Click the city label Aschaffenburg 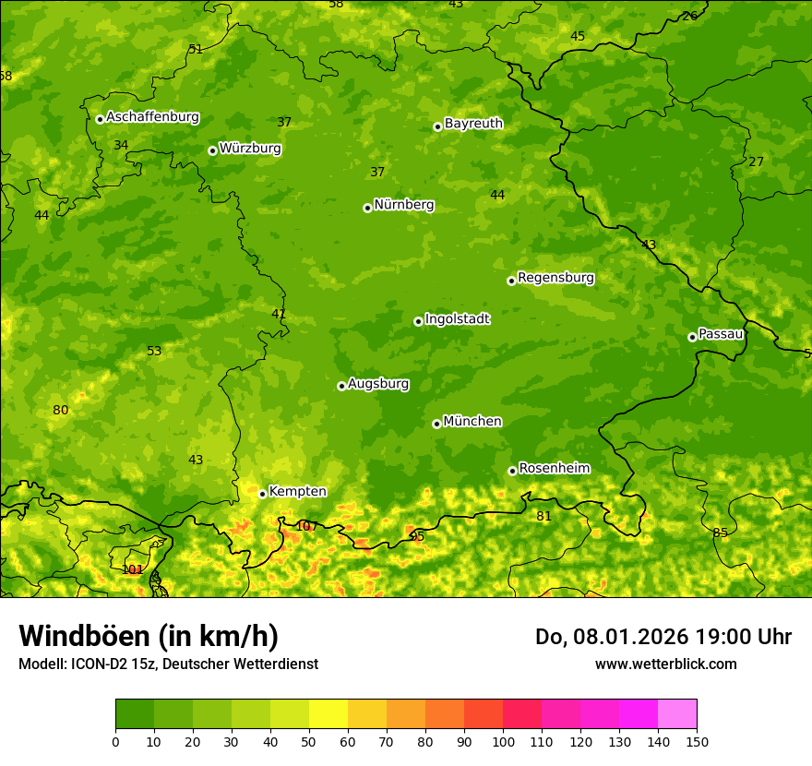[x=152, y=117]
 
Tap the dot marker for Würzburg [x=212, y=150]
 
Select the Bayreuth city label [x=473, y=123]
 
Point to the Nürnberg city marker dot [x=367, y=209]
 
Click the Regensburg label [x=555, y=277]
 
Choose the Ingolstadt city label [x=457, y=318]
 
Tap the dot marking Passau [x=692, y=337]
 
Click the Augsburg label [x=378, y=383]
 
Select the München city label [x=472, y=421]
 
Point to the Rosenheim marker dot [x=512, y=471]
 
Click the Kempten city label [x=297, y=491]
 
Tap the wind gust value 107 [x=306, y=526]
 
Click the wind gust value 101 [x=133, y=569]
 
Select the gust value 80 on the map [x=61, y=410]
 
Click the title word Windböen [x=85, y=636]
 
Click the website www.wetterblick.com [x=665, y=664]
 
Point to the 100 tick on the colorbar [x=503, y=741]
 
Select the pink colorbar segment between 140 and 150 [x=677, y=713]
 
